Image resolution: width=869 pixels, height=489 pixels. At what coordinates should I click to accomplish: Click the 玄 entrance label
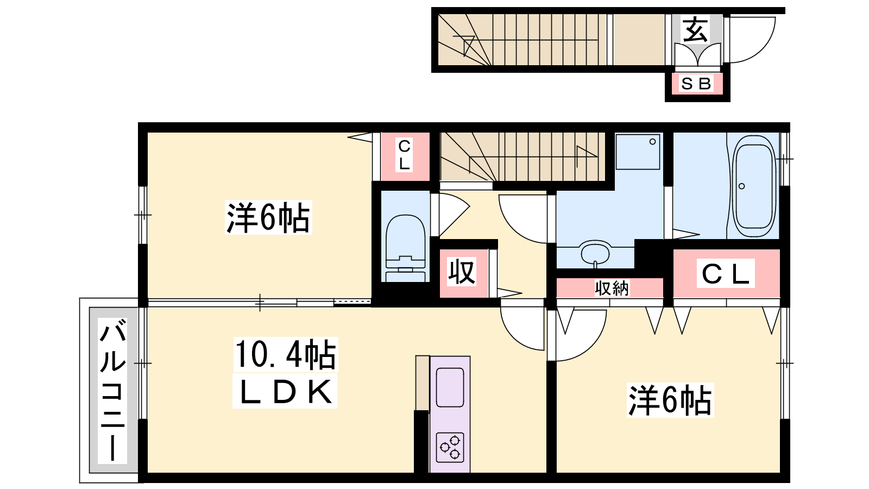click(x=695, y=30)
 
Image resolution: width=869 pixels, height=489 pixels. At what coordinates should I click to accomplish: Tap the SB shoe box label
click(x=696, y=84)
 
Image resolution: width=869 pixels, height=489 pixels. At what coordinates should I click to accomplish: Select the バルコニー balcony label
click(x=112, y=390)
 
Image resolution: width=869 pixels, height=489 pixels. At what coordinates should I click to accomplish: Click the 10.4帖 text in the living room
click(x=286, y=354)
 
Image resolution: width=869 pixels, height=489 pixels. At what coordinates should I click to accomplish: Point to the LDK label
click(x=285, y=391)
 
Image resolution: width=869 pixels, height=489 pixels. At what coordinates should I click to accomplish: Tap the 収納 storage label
click(x=612, y=289)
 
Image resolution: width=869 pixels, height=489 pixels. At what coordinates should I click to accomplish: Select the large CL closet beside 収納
click(x=726, y=274)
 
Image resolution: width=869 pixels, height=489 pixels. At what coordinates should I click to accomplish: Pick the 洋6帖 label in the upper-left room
click(x=268, y=217)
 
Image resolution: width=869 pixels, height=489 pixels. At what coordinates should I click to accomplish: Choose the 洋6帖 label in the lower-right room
click(x=670, y=400)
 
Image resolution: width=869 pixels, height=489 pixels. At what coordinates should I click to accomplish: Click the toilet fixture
click(x=405, y=248)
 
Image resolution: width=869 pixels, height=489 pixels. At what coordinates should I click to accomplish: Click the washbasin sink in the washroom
click(x=595, y=253)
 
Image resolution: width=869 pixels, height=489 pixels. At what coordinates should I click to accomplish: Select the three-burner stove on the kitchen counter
click(x=450, y=448)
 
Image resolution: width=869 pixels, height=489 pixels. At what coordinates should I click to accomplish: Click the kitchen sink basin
click(x=450, y=387)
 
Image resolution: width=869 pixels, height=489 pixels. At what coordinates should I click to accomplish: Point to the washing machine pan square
click(x=638, y=152)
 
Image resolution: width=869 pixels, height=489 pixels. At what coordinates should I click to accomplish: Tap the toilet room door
click(x=454, y=215)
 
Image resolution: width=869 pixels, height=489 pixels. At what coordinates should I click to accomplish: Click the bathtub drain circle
click(x=742, y=186)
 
